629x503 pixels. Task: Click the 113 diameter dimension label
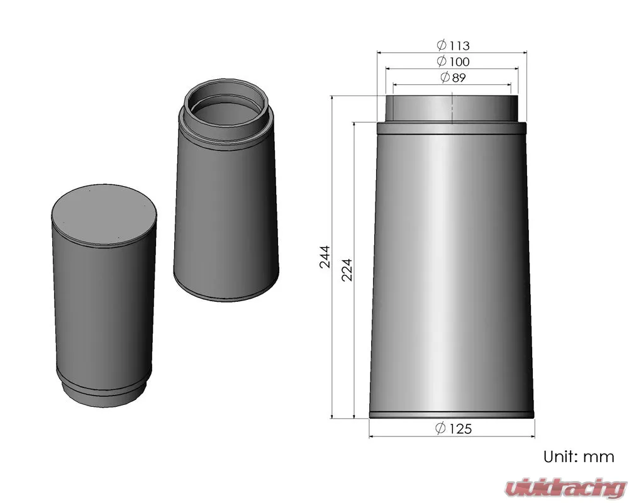pyautogui.click(x=453, y=45)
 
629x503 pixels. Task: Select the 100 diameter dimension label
pyautogui.click(x=453, y=62)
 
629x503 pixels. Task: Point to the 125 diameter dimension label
pyautogui.click(x=454, y=428)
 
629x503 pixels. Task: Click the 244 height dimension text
pyautogui.click(x=325, y=257)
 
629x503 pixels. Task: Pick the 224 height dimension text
pyautogui.click(x=347, y=270)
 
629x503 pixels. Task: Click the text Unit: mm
pyautogui.click(x=579, y=456)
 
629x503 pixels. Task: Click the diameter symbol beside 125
pyautogui.click(x=440, y=428)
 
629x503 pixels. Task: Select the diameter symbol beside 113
pyautogui.click(x=442, y=45)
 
